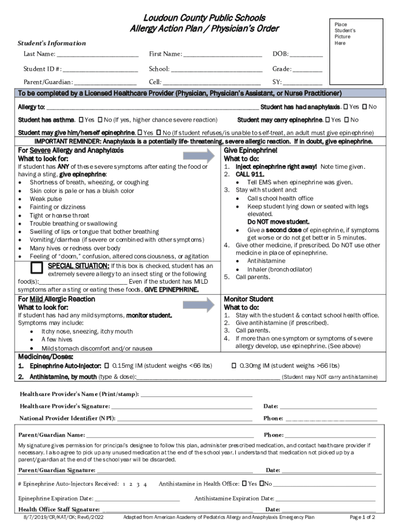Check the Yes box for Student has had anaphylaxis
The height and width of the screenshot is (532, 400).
(x=346, y=107)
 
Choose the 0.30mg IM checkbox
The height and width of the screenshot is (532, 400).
(x=234, y=366)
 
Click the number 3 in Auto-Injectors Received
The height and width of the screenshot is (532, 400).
(x=137, y=484)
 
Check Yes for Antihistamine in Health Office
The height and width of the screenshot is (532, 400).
(x=244, y=484)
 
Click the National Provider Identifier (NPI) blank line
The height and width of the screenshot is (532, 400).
(x=184, y=419)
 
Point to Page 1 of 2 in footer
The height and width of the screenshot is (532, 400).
(x=363, y=517)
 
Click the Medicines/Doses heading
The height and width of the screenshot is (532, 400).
(x=46, y=357)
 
